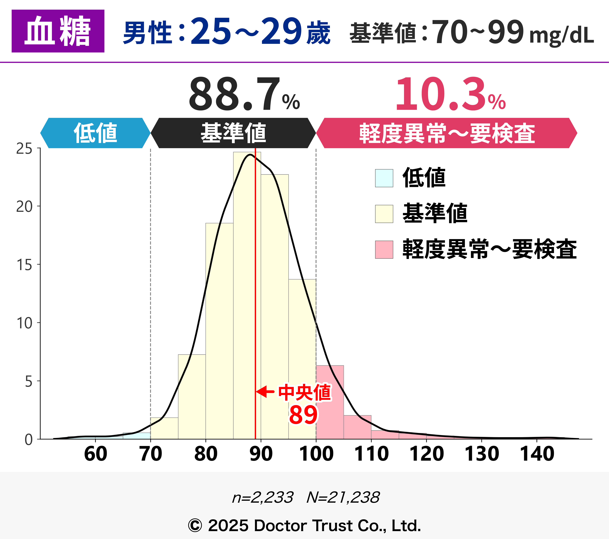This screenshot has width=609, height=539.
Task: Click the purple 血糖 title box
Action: [x=58, y=31]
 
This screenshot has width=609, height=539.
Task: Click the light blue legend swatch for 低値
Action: [x=384, y=178]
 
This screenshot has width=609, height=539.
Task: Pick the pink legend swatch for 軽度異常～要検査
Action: [x=384, y=250]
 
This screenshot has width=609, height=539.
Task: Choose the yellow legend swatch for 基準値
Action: [x=384, y=214]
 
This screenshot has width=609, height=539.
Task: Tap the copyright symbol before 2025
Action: [x=195, y=526]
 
